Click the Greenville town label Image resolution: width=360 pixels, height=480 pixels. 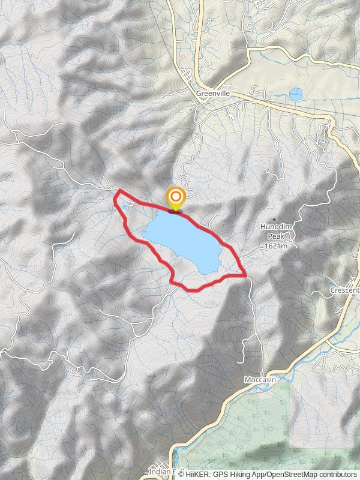click(213, 94)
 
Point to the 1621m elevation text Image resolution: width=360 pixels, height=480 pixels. click(275, 245)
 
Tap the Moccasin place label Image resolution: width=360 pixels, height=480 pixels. click(260, 380)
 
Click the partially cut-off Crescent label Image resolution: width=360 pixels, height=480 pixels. click(344, 290)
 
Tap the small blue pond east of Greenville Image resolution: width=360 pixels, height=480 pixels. click(295, 94)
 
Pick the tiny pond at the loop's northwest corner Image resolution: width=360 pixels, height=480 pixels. click(124, 207)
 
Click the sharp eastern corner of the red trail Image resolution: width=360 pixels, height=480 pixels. click(245, 275)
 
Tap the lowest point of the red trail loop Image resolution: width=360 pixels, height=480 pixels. click(192, 290)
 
